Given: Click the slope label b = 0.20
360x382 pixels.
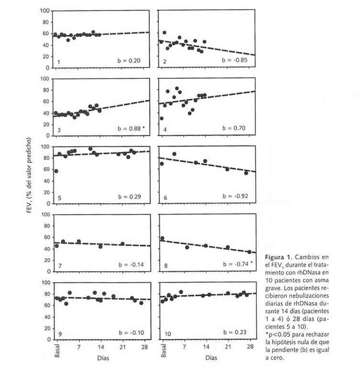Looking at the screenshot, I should click(129, 61).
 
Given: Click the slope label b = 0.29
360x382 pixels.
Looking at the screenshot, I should click(129, 196).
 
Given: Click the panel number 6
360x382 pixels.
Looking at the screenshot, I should click(164, 197).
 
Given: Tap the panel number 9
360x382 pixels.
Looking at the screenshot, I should click(59, 333).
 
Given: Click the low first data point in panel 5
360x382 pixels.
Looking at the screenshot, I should click(56, 171).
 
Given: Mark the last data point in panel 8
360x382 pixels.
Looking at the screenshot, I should click(249, 252).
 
